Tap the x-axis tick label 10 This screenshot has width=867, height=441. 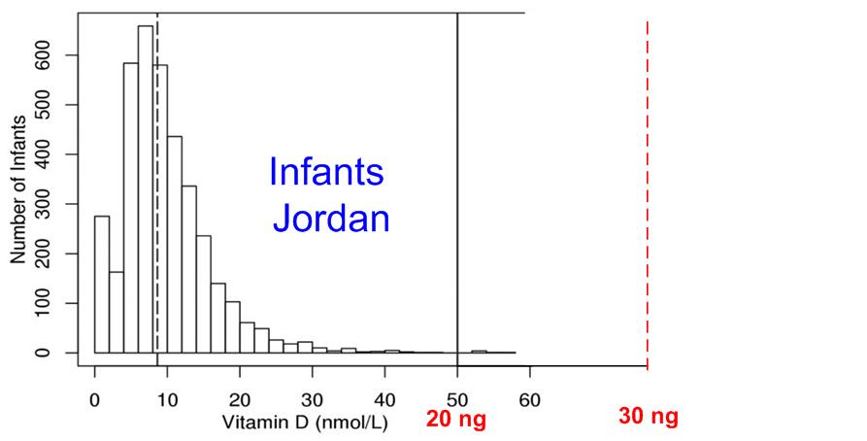(x=167, y=398)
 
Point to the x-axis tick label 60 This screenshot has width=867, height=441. (x=530, y=398)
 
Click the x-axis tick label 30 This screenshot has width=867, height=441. (x=313, y=398)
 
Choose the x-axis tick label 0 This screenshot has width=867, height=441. (x=95, y=398)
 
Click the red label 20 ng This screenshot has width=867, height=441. (x=455, y=420)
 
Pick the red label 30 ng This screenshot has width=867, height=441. (x=648, y=418)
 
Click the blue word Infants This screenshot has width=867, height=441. (x=326, y=174)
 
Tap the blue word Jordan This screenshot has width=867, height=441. (x=331, y=219)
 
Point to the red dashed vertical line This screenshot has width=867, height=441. (x=647, y=194)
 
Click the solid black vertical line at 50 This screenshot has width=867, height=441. (x=457, y=194)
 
